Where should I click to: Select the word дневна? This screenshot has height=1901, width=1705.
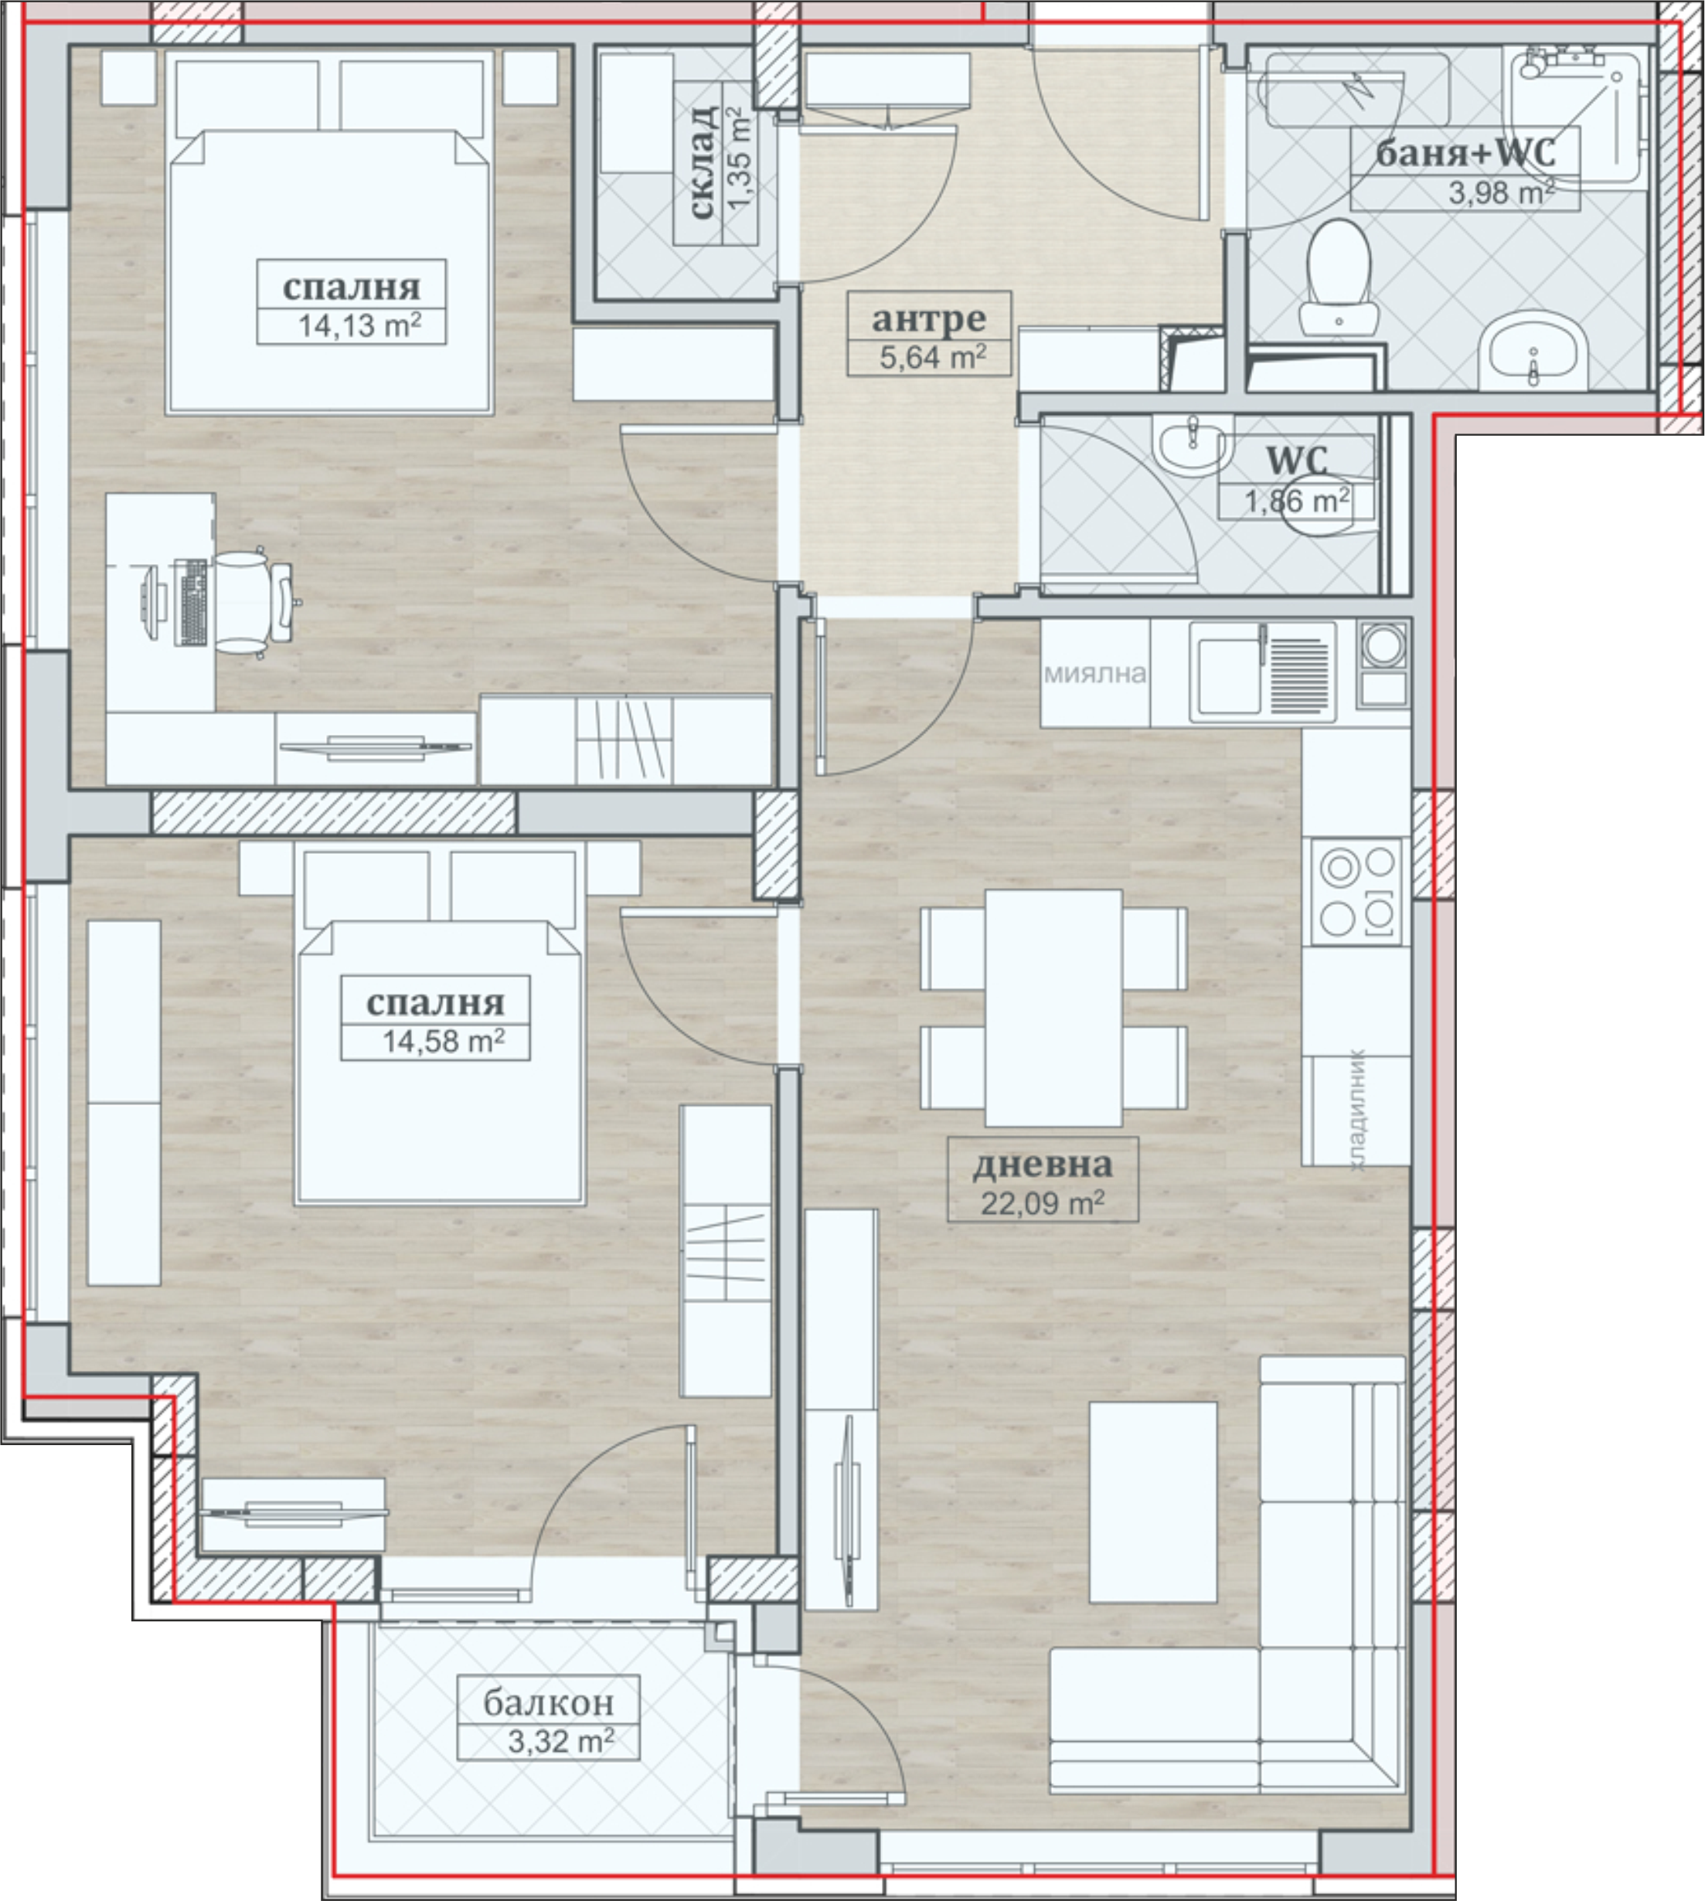coord(1043,1164)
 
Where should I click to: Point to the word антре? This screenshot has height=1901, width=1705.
coord(928,319)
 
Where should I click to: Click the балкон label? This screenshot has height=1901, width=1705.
coord(548,1702)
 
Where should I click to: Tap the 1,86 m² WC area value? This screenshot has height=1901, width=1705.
coord(1297,500)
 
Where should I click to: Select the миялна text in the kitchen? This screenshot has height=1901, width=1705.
coord(1094,673)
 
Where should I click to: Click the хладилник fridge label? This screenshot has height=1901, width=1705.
coord(1356,1110)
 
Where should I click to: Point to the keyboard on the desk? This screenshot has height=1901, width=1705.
coord(191,603)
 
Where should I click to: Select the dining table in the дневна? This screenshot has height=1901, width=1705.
coord(1053,1008)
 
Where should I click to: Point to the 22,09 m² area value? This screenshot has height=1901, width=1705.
coord(1043,1202)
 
